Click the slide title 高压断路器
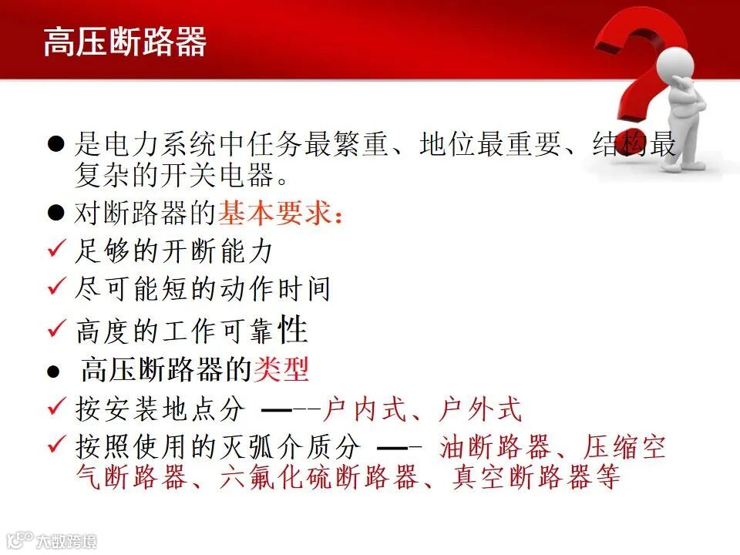pos(125,42)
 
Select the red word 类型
pos(281,370)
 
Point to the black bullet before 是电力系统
pos(55,144)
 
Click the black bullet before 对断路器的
pos(55,214)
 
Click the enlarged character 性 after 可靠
pos(293,330)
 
